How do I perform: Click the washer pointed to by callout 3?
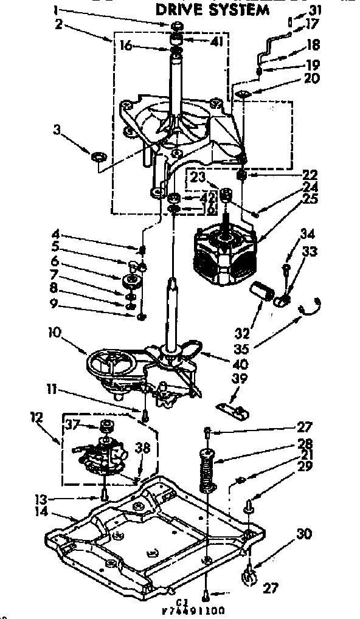click(x=97, y=158)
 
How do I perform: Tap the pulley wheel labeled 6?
click(x=131, y=281)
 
